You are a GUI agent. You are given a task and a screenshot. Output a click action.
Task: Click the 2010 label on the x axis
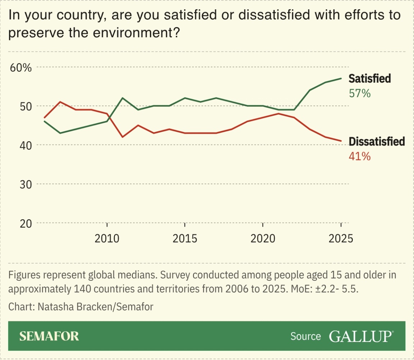point(107,238)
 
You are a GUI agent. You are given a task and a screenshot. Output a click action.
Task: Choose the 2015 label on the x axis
point(185,238)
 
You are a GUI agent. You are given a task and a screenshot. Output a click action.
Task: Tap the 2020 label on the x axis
point(263,238)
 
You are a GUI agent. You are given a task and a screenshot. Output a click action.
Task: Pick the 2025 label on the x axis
point(340,238)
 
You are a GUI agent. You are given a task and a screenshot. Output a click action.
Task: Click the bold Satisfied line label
point(370,78)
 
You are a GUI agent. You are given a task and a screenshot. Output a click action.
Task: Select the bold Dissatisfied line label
point(377,141)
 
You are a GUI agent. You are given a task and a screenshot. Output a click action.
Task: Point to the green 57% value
point(359,94)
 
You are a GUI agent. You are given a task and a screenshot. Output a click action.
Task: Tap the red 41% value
point(359,156)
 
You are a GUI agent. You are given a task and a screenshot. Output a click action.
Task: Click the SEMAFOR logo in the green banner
point(49,336)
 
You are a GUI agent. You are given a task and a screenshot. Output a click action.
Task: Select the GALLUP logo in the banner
point(361,336)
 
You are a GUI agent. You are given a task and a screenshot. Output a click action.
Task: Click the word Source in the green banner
point(305,336)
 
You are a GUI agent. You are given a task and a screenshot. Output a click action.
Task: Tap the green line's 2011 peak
point(123,98)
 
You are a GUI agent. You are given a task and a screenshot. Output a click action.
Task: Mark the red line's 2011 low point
point(123,137)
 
